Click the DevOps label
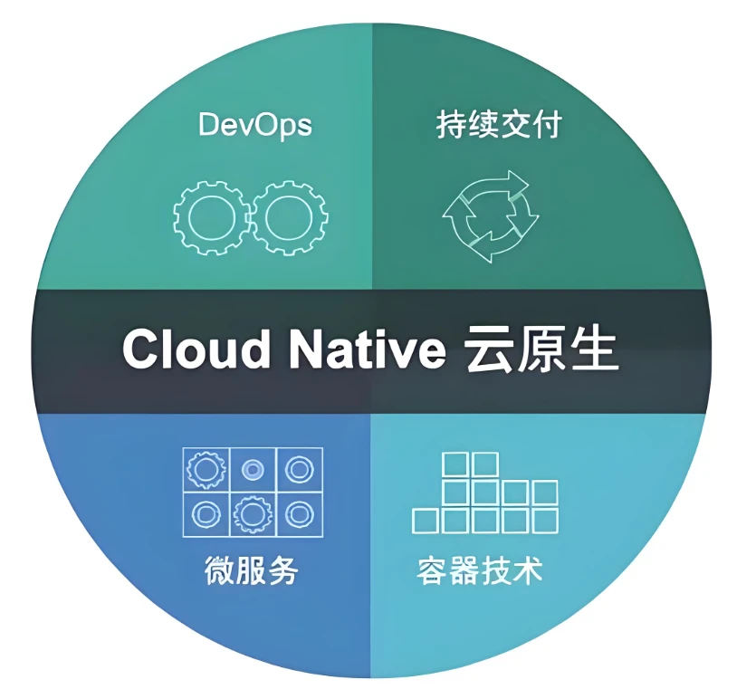click(254, 125)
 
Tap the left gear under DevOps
click(212, 218)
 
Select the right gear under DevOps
click(290, 218)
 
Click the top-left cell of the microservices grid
click(206, 470)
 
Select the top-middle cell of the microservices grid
click(253, 470)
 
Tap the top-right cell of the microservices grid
click(299, 470)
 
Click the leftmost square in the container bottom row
click(425, 521)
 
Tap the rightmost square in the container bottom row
click(544, 521)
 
